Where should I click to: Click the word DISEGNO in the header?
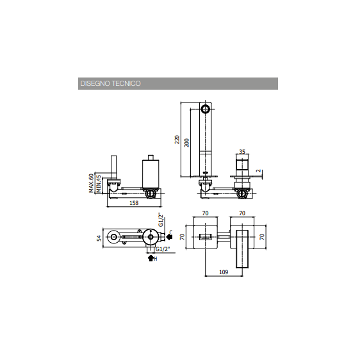tap(95, 83)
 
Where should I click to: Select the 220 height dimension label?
tap(177, 140)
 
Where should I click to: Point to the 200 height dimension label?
tap(187, 143)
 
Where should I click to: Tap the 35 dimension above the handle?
tap(242, 152)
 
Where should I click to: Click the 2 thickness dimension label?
tap(259, 171)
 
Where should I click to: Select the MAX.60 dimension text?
tap(91, 183)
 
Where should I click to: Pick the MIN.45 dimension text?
tap(99, 184)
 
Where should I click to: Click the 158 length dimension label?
tap(134, 203)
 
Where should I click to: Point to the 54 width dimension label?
tap(99, 238)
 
